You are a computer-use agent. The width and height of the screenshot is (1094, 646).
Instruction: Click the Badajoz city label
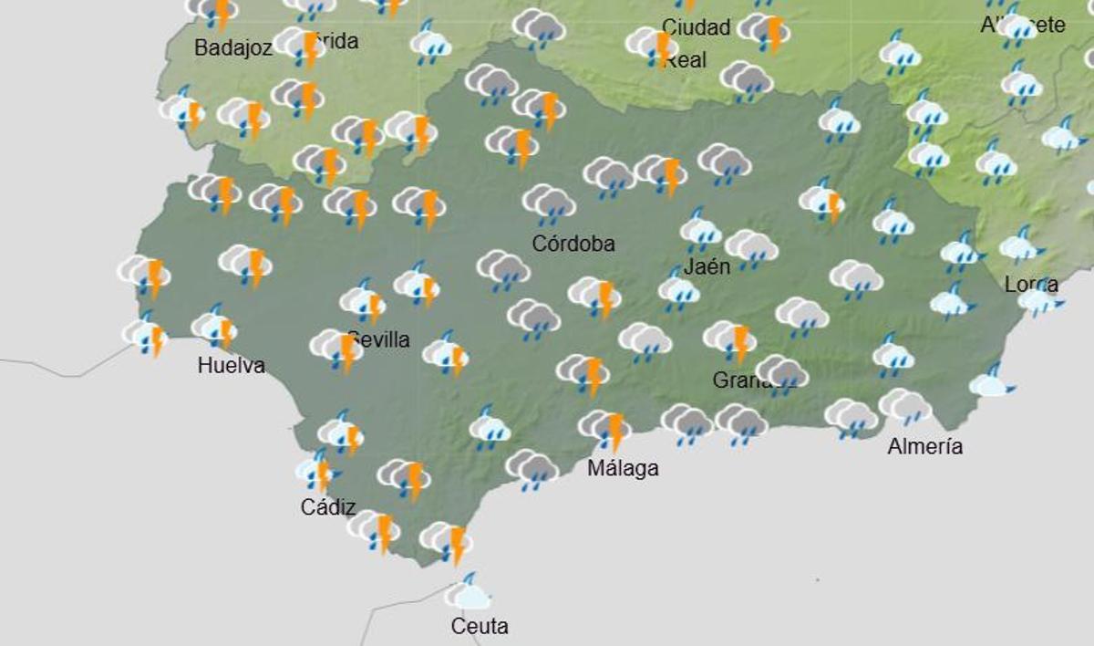(x=233, y=48)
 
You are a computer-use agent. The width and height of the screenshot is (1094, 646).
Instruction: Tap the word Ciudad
(x=697, y=27)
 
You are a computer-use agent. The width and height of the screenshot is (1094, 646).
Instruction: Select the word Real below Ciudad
(x=686, y=61)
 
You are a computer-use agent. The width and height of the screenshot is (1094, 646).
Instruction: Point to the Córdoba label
(x=573, y=244)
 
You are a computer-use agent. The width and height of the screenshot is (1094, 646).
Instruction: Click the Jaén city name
(x=707, y=267)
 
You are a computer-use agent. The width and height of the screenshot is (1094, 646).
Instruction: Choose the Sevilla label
(x=379, y=340)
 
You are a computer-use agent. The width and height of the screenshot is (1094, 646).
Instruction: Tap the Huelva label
(x=232, y=366)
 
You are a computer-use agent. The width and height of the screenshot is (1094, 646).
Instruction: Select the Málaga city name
(x=623, y=469)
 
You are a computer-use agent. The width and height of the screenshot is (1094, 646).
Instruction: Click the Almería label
(x=925, y=446)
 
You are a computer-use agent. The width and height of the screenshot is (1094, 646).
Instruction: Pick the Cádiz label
(x=328, y=507)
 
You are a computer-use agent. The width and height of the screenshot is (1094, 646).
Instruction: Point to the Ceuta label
(x=480, y=627)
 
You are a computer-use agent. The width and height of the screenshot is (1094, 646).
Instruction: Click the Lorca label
(x=1031, y=285)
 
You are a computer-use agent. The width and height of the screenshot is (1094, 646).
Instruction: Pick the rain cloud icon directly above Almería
(x=904, y=405)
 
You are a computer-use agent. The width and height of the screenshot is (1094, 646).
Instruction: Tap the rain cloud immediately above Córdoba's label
(x=549, y=203)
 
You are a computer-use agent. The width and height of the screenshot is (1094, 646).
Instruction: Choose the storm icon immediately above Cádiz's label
(x=317, y=471)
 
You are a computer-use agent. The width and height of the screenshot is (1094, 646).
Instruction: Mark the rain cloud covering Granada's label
(x=781, y=372)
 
